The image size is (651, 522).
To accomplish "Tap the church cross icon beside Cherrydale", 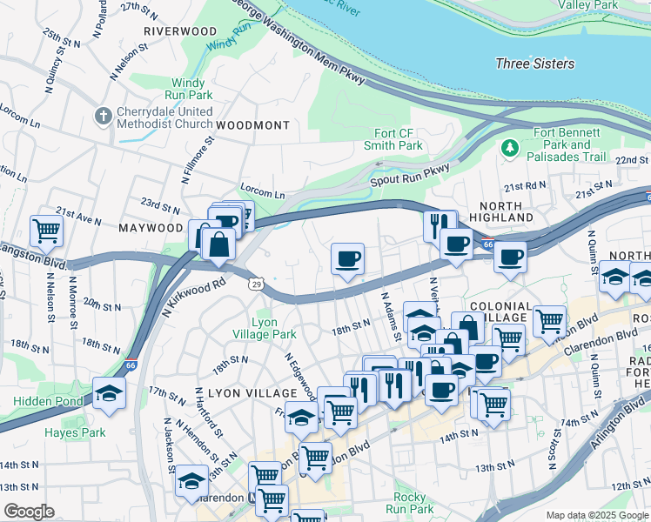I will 104,115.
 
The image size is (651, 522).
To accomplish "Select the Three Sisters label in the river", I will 534,64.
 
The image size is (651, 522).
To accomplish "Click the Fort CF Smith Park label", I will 393,139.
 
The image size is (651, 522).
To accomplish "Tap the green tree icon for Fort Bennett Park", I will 508,151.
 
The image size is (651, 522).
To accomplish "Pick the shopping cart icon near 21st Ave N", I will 45,231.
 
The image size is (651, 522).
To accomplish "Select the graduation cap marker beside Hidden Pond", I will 109,392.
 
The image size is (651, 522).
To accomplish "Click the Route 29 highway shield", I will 256,284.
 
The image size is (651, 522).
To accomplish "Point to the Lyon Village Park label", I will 264,328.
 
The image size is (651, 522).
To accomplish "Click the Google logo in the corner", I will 29,512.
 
